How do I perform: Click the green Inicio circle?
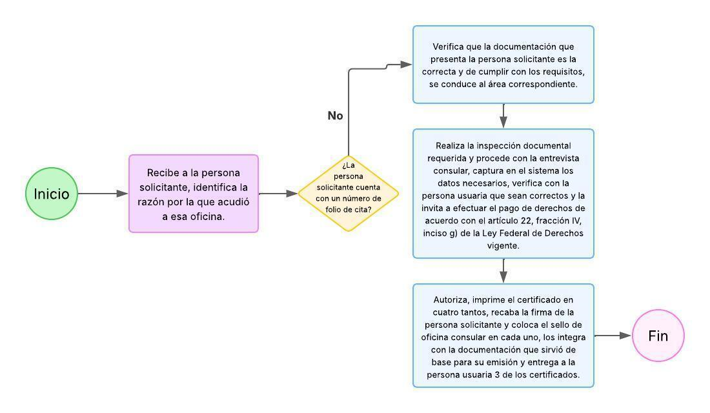pos(52,194)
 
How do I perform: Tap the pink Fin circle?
pos(658,336)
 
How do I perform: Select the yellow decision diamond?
pos(349,193)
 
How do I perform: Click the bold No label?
pos(335,116)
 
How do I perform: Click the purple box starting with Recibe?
pos(194,194)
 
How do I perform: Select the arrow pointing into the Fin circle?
pos(613,336)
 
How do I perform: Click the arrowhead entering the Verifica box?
pos(406,65)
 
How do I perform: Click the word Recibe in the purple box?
pos(163,173)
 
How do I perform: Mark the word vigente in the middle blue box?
pos(503,246)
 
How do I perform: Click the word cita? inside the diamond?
pos(370,210)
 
